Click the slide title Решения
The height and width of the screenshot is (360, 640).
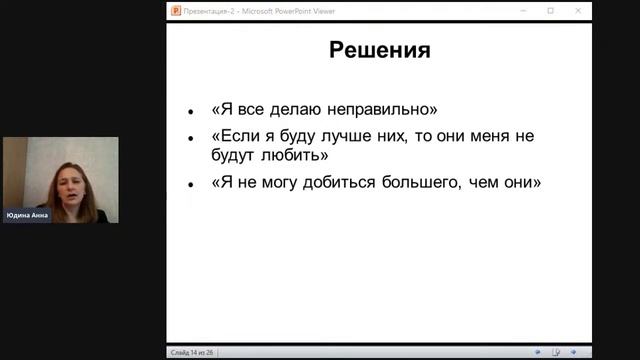380,50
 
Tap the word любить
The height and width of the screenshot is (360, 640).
289,156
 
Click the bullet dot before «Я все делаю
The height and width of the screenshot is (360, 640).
191,111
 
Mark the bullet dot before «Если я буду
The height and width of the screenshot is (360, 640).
191,138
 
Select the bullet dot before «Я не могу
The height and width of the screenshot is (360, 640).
191,185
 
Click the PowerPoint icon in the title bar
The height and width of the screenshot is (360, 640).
175,11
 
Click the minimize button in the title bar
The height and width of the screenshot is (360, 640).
523,11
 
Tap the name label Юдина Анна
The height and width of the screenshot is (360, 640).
27,215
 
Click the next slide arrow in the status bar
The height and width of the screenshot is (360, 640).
573,352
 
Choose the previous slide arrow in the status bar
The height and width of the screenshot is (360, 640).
538,352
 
